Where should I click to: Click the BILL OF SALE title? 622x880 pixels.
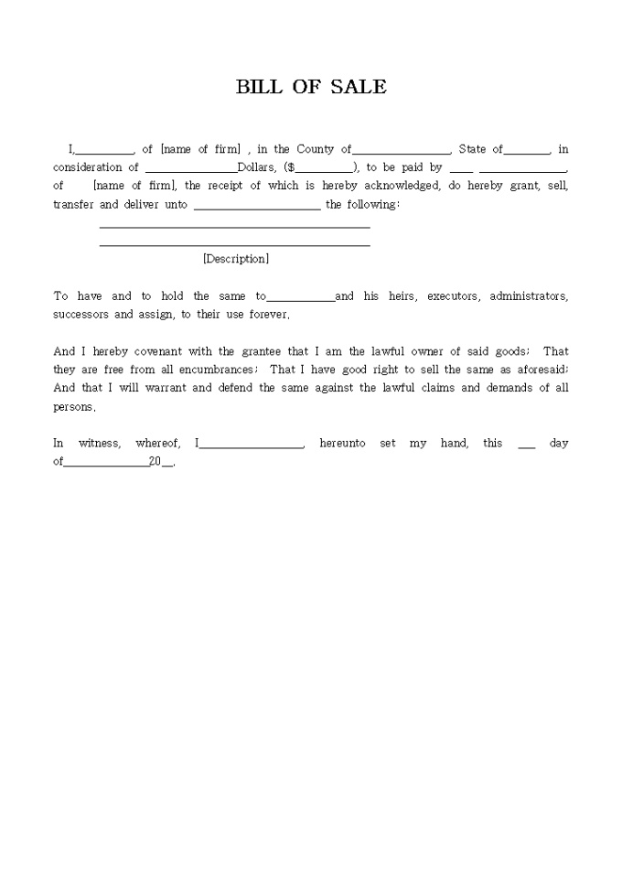(311, 87)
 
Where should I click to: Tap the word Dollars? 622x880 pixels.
(256, 167)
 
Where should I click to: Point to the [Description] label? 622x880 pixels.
(236, 259)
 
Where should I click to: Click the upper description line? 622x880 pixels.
(234, 227)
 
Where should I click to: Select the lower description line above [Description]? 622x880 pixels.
(234, 244)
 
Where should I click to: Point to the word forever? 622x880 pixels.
(269, 315)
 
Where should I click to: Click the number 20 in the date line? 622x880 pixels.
(155, 462)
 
